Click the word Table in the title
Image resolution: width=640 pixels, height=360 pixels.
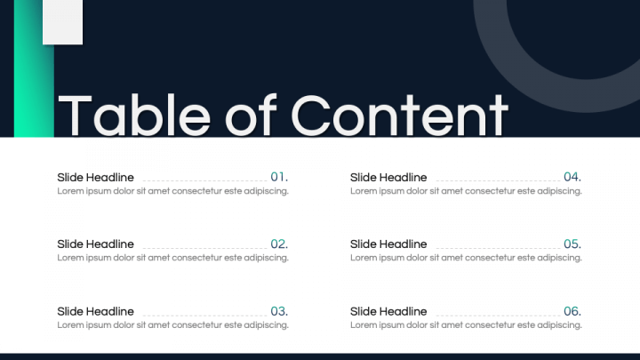pyautogui.click(x=134, y=115)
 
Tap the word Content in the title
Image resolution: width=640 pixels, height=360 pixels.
pyautogui.click(x=400, y=115)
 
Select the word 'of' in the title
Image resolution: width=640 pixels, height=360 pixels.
pyautogui.click(x=251, y=115)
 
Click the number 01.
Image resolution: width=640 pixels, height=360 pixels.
pyautogui.click(x=279, y=177)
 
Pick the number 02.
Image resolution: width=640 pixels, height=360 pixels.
pyautogui.click(x=279, y=244)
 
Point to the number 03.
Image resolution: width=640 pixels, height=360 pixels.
pyautogui.click(x=279, y=311)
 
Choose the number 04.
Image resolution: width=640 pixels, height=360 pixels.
pyautogui.click(x=572, y=177)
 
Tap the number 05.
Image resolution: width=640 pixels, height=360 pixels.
pyautogui.click(x=572, y=244)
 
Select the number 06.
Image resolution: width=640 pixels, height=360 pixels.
pyautogui.click(x=572, y=311)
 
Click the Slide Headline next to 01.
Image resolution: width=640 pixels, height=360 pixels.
pyautogui.click(x=95, y=178)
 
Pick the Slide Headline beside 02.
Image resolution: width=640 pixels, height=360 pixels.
pyautogui.click(x=95, y=244)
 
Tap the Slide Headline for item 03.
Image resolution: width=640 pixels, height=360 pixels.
pyautogui.click(x=95, y=311)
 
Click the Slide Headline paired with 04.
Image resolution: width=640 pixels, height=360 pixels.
pyautogui.click(x=388, y=178)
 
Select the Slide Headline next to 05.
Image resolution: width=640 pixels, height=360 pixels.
pyautogui.click(x=388, y=244)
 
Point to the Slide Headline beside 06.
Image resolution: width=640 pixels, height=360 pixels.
pyautogui.click(x=388, y=311)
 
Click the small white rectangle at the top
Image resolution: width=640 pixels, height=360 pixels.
pyautogui.click(x=62, y=22)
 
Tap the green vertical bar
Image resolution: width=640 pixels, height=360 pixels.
pyautogui.click(x=34, y=68)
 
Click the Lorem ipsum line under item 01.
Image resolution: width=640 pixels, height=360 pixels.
pyautogui.click(x=173, y=191)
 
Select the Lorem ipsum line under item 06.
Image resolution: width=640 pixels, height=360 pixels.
pyautogui.click(x=466, y=325)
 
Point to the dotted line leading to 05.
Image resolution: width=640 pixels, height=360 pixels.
pyautogui.click(x=498, y=248)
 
